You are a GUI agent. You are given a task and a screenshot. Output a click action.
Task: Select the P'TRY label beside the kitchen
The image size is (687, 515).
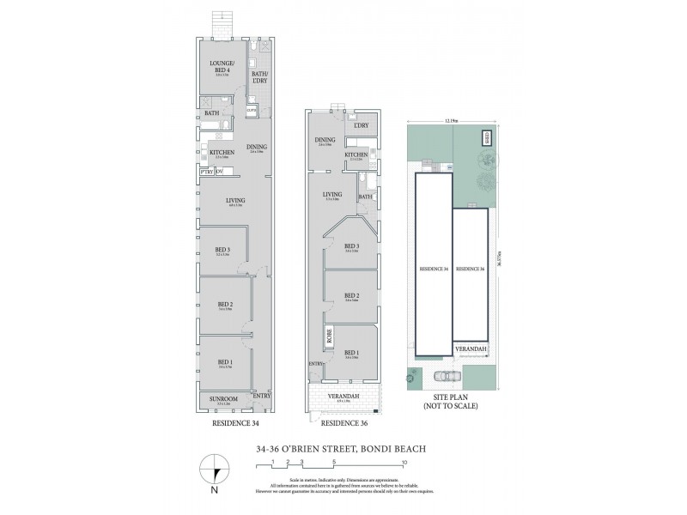[206, 172]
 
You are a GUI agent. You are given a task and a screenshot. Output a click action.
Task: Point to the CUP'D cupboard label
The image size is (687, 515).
[252, 111]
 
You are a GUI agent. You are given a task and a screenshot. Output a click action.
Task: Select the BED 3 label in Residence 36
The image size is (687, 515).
[350, 247]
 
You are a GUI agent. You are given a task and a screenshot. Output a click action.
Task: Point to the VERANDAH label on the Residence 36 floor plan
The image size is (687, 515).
[344, 396]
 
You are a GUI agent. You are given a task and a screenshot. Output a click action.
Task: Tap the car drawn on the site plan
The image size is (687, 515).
[444, 375]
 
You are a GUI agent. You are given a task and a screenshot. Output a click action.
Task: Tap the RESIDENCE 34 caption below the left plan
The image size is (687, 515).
[235, 423]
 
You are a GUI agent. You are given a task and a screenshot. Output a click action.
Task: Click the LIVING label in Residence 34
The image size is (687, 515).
[235, 200]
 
